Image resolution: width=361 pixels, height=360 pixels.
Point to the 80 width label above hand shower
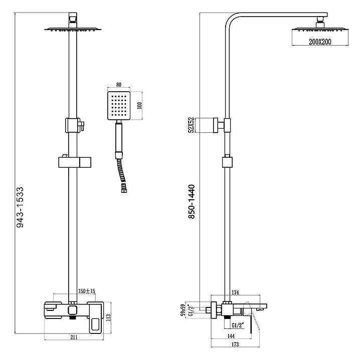[x=118, y=85]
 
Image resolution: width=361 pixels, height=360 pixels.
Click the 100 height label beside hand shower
[x=140, y=106]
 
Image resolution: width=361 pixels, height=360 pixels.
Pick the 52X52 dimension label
[x=191, y=126]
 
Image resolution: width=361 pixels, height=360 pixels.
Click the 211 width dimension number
[x=74, y=337]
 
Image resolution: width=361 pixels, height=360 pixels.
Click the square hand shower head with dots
[x=118, y=106]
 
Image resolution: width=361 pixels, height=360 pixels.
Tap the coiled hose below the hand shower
[x=121, y=173]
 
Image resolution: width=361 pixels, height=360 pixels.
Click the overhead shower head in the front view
[x=73, y=30]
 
